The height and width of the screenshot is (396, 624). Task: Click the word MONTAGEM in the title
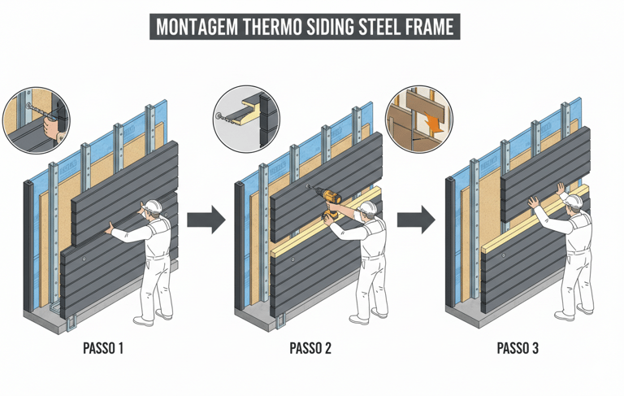point(197,27)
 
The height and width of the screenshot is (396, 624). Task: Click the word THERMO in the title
point(272,27)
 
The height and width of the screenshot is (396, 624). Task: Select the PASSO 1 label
point(103,348)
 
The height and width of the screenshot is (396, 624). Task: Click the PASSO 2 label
point(310,348)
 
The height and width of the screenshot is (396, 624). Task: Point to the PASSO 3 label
point(518,348)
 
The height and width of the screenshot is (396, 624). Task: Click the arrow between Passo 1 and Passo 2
point(206,220)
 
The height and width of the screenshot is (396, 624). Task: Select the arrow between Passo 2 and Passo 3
point(416,220)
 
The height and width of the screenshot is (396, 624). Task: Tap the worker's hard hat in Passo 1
point(154,206)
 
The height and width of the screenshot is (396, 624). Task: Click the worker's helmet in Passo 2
point(368,208)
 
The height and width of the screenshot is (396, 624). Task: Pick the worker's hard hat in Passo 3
point(573,201)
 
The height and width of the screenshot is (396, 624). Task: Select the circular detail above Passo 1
point(37,120)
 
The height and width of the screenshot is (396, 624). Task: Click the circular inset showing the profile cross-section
point(246,119)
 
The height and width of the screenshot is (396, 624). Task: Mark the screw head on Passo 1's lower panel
point(84,259)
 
